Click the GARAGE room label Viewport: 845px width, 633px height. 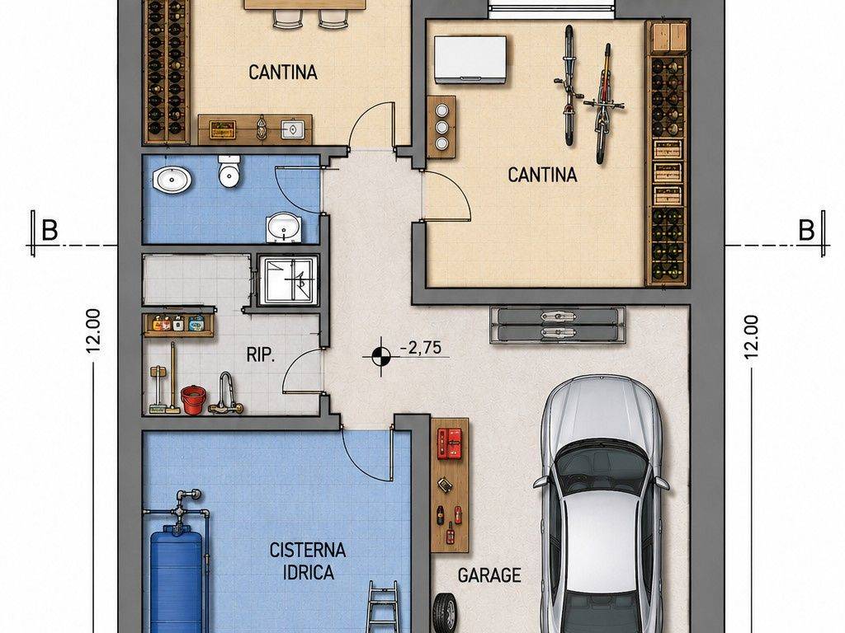pos(489,575)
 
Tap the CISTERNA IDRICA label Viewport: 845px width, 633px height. pos(308,560)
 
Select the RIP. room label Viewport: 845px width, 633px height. pos(261,355)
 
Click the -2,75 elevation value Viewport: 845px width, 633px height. pos(421,348)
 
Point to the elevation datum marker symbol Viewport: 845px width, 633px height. pos(381,356)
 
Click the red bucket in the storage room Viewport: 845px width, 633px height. pos(193,400)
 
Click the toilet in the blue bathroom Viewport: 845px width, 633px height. pos(229,171)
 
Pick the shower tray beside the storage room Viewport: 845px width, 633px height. pos(289,280)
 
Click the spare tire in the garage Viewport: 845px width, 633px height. pos(444,612)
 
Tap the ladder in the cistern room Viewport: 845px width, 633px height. pos(383,607)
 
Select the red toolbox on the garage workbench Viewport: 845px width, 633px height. pos(450,443)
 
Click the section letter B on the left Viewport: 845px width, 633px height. pos(50,231)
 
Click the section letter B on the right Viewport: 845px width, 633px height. pos(806,231)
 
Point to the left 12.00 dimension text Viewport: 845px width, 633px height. pos(93,331)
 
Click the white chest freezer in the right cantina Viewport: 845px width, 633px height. pos(470,59)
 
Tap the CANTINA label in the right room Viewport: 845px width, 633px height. pos(542,175)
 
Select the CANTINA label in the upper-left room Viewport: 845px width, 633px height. pos(283,73)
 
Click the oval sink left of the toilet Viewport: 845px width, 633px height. pos(172,179)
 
